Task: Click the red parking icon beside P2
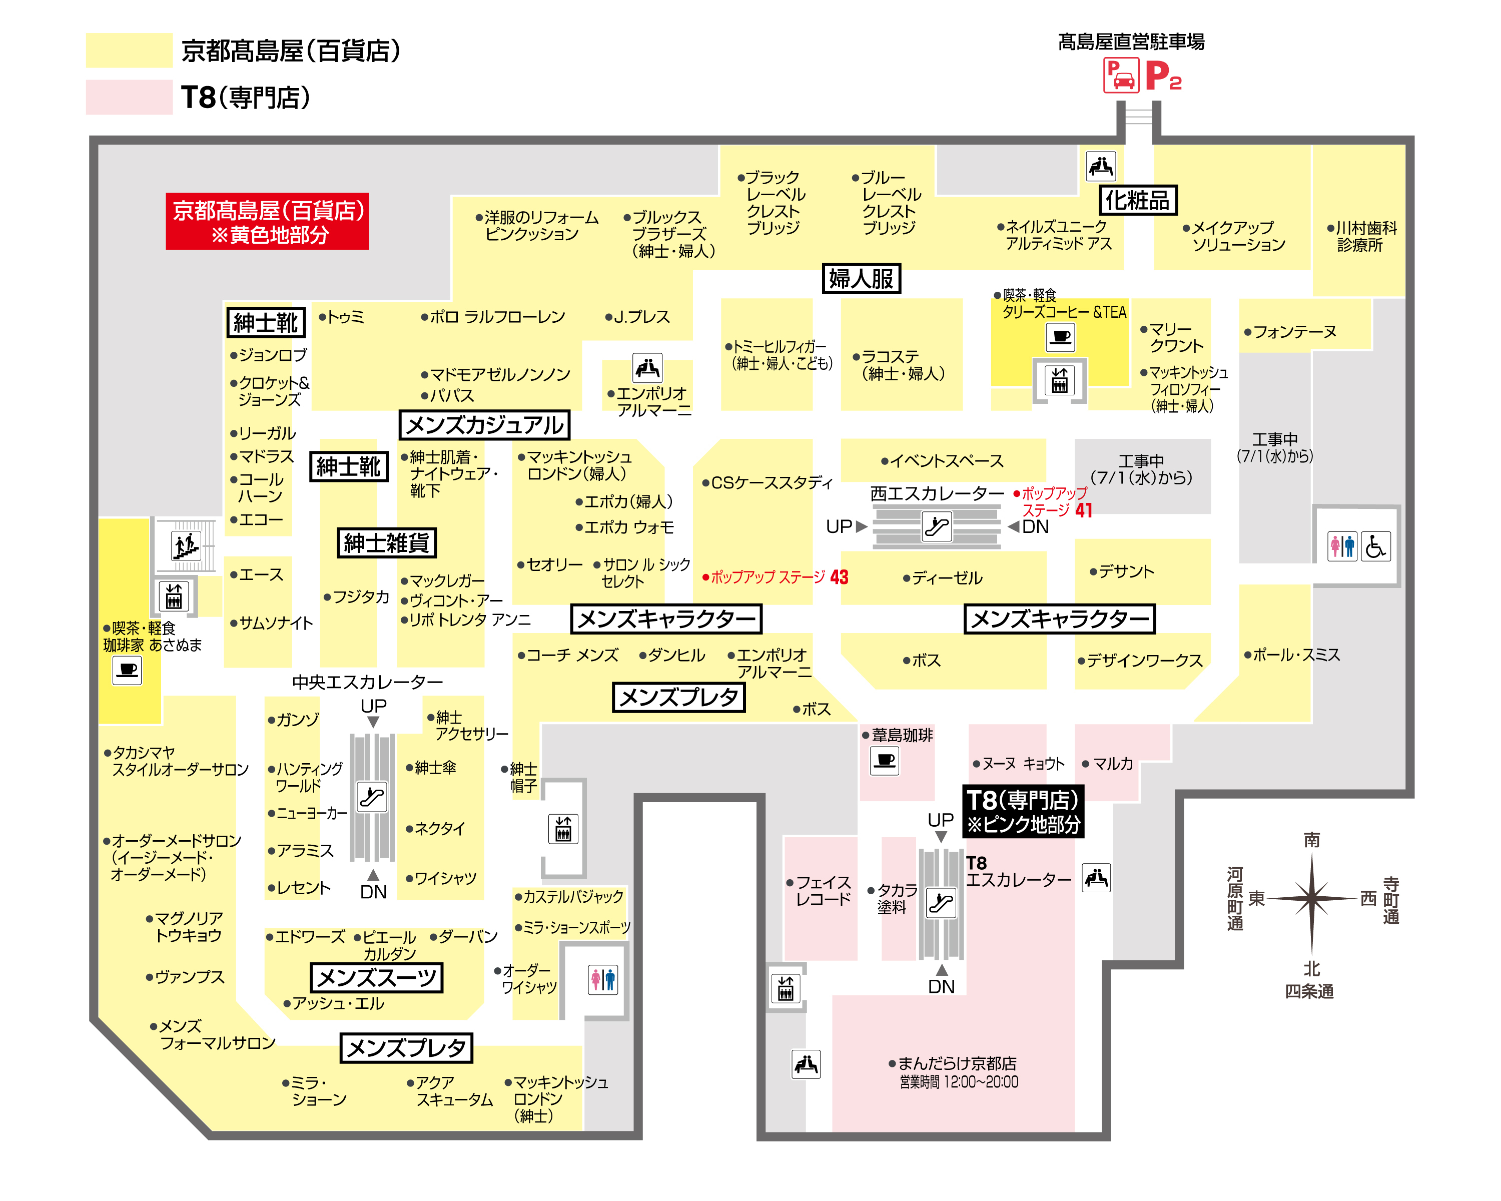coord(1120,75)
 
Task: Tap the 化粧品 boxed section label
coord(1138,201)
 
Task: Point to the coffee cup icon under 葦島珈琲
coord(885,760)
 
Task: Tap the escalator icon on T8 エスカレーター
coord(941,904)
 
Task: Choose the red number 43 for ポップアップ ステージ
coord(839,577)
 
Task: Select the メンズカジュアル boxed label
coord(484,425)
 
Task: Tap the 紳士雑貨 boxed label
coord(386,542)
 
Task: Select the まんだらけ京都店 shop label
coord(953,1063)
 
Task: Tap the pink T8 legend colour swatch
coord(129,97)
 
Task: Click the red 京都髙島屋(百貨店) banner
coord(267,221)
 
